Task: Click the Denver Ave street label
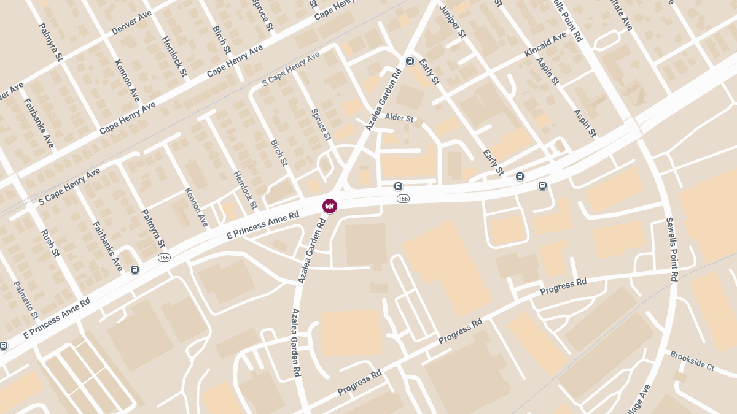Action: pos(131,23)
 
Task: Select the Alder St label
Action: pos(399,117)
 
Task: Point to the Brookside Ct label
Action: pos(692,361)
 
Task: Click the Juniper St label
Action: pos(453,21)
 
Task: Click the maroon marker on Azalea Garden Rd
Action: pos(330,206)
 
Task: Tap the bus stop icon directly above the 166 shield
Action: pos(398,186)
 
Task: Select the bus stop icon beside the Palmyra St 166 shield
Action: pos(135,269)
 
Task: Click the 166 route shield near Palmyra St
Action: pos(164,258)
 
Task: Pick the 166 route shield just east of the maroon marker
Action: pos(403,199)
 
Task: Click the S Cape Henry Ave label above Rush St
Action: pos(69,186)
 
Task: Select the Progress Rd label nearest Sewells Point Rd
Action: pos(563,286)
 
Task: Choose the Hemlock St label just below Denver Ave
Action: pos(174,56)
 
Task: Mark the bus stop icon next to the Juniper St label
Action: pos(410,61)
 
